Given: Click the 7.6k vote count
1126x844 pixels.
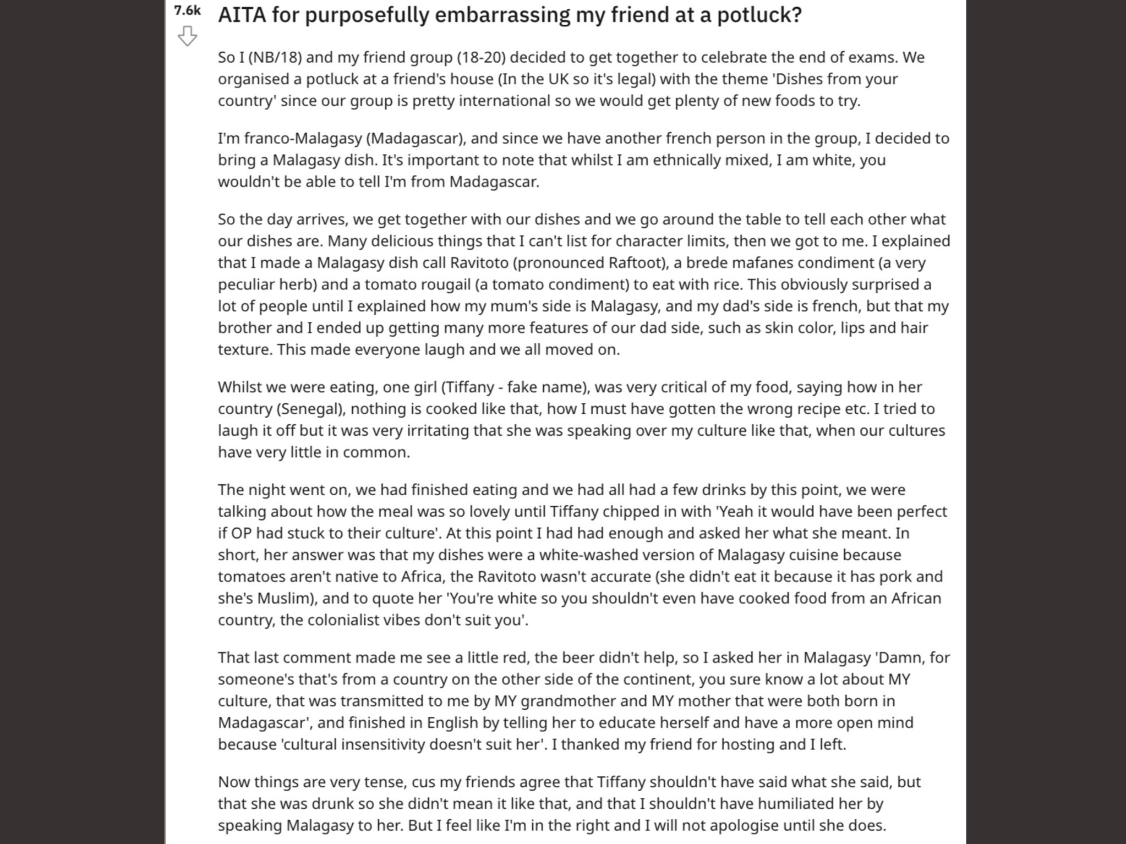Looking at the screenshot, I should [187, 10].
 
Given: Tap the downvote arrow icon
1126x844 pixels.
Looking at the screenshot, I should [187, 36].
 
